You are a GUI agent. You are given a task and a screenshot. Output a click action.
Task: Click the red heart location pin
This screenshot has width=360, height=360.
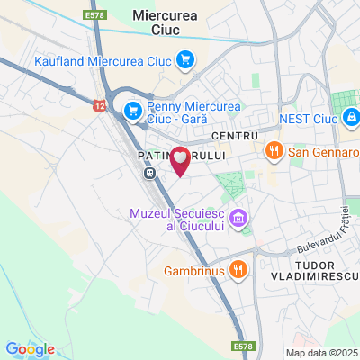click(180, 160)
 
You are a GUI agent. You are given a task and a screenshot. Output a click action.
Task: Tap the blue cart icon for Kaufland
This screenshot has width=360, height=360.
click(185, 60)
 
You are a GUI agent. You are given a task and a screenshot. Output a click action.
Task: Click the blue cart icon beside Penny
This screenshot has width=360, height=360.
click(133, 110)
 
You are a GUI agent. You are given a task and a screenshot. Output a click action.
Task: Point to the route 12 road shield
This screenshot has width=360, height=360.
click(98, 105)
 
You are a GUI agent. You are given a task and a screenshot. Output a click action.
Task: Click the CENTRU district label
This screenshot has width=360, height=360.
click(229, 135)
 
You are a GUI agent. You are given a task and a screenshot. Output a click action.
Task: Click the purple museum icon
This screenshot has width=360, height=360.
click(238, 218)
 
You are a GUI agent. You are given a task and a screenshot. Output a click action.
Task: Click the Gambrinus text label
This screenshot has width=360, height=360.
click(192, 269)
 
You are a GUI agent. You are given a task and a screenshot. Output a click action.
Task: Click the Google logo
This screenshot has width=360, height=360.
click(30, 349)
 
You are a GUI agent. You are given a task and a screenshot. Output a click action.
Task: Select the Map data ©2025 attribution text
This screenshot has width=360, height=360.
click(321, 352)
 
